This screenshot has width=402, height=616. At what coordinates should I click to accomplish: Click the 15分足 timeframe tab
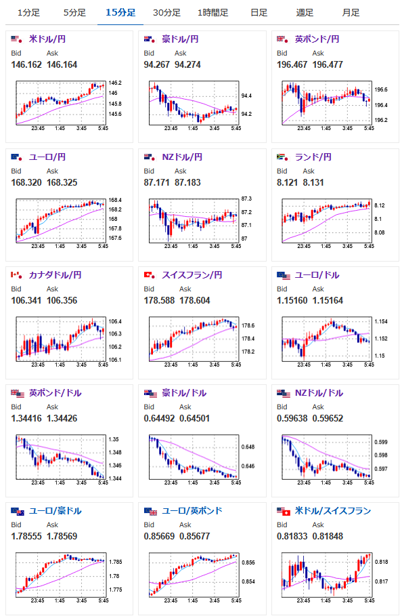coord(120,13)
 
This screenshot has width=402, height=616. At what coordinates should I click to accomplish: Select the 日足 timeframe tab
coord(259,13)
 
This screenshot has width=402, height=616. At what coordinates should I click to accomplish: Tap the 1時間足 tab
coord(213,13)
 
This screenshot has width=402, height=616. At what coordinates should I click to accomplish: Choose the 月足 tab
coord(351,13)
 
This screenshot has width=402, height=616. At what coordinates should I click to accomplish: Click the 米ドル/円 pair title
coord(47,39)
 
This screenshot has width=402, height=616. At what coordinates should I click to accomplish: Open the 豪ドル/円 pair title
coord(180,39)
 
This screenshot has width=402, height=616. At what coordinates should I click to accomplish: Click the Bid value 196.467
coord(292,64)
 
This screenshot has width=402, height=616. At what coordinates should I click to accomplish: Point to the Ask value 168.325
coord(62,182)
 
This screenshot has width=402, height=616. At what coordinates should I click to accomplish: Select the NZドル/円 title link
coord(182,157)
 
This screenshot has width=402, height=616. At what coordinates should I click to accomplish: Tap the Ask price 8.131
coord(313,182)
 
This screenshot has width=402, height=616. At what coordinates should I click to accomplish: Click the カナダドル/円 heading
coord(55,275)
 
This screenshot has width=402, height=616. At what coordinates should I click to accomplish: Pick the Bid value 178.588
coord(159,300)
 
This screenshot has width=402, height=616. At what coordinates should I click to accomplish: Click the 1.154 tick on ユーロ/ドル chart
coord(381,321)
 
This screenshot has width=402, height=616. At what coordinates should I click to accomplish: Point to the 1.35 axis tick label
coord(113,439)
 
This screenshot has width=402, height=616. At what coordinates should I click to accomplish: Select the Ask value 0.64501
coord(194,418)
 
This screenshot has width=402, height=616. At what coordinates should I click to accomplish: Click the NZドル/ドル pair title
coord(319,393)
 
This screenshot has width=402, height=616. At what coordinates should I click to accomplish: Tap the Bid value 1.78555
coord(26,536)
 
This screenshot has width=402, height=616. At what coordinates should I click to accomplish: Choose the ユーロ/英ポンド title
coord(192,511)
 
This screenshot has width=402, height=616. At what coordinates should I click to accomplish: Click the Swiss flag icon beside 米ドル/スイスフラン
coord(287,512)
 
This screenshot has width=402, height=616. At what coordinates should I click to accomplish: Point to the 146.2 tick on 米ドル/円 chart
coord(115,83)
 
